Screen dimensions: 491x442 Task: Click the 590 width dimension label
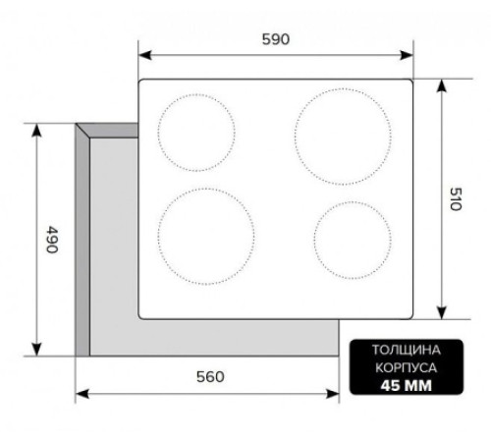(x=276, y=39)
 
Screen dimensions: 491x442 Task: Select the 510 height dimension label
(x=456, y=198)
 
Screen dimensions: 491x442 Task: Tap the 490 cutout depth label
(x=52, y=240)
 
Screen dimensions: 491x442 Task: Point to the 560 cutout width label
(x=210, y=377)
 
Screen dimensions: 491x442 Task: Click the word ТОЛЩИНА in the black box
(x=407, y=350)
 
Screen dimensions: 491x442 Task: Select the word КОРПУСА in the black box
(x=406, y=367)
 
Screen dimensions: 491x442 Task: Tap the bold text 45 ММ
(x=407, y=385)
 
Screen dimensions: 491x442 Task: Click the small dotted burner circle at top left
(x=158, y=133)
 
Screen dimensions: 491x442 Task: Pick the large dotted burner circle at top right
(x=295, y=137)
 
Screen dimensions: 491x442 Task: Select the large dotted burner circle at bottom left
(x=158, y=237)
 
